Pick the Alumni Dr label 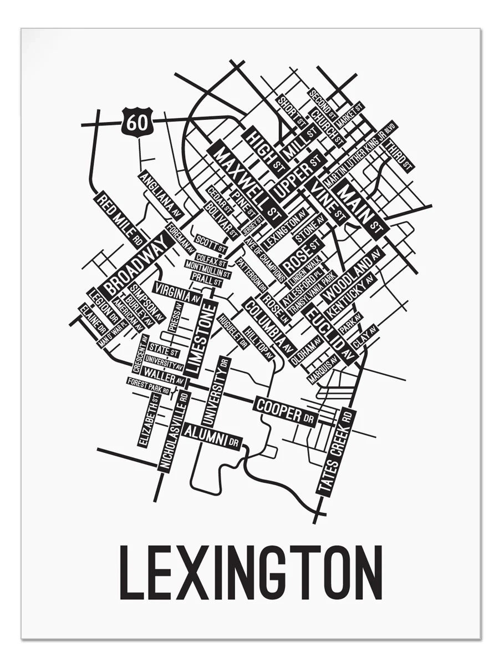213,435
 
